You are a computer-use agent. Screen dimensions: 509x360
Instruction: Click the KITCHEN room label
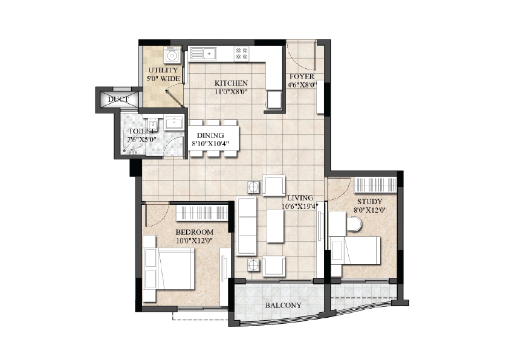coord(231,83)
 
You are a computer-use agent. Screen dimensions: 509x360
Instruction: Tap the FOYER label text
coord(302,77)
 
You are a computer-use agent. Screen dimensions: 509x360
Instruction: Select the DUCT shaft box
coord(118,99)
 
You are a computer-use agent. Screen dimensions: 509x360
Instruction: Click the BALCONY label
coord(283,305)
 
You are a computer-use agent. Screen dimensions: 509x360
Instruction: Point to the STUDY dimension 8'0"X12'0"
coord(370,210)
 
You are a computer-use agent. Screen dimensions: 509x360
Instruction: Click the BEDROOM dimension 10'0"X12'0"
coord(195,240)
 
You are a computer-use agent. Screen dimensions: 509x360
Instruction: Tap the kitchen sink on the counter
coord(203,53)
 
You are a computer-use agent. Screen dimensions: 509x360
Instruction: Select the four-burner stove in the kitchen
coord(242,53)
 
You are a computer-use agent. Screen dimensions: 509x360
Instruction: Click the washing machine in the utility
coord(172,55)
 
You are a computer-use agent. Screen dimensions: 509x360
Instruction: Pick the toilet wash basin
coord(174,123)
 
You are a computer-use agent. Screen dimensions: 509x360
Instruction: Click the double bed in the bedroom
coord(169,269)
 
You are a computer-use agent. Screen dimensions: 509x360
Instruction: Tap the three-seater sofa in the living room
coord(247,226)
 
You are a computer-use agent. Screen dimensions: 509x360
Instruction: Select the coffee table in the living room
coord(275,226)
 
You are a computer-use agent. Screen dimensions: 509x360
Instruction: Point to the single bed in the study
coord(355,250)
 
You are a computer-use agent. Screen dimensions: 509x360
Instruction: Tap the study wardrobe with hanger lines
coord(375,185)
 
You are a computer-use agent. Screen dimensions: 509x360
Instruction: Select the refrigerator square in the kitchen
coord(274,99)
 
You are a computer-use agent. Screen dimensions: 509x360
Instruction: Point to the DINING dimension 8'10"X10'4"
coord(210,144)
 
